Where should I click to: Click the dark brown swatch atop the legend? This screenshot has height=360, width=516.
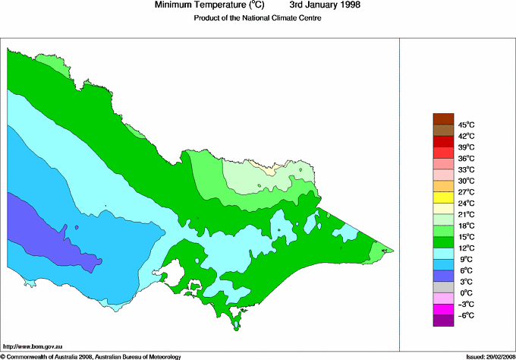(443, 118)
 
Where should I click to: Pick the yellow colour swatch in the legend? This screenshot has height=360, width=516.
(443, 197)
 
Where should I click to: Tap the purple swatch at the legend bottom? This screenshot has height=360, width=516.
(443, 321)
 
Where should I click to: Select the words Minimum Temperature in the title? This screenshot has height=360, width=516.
(200, 5)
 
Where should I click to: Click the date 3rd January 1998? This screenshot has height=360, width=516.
(319, 5)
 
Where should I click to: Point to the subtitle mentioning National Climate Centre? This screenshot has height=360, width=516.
(258, 19)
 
